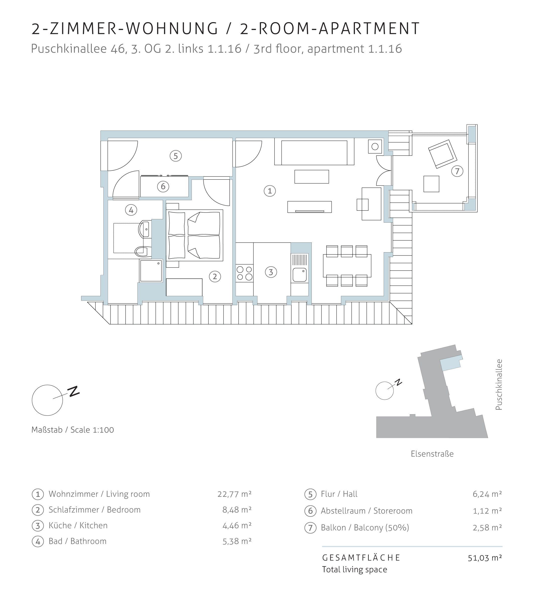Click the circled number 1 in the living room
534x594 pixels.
pyautogui.click(x=270, y=191)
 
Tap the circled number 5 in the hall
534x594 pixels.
pyautogui.click(x=176, y=156)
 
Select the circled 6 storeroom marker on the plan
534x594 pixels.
pyautogui.click(x=163, y=186)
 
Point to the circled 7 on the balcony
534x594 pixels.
pyautogui.click(x=457, y=171)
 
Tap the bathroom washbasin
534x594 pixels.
pyautogui.click(x=145, y=229)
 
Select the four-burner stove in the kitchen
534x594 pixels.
pyautogui.click(x=244, y=273)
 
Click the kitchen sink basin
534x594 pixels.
pyautogui.click(x=300, y=275)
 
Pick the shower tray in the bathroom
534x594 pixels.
pyautogui.click(x=151, y=271)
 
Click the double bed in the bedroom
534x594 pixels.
pyautogui.click(x=194, y=235)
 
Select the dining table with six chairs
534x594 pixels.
pyautogui.click(x=347, y=266)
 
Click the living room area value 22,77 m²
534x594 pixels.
pyautogui.click(x=234, y=494)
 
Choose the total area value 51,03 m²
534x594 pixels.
pyautogui.click(x=485, y=558)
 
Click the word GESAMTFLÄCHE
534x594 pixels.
pyautogui.click(x=361, y=558)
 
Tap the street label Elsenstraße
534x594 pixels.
pyautogui.click(x=432, y=454)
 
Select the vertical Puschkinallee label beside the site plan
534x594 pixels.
pyautogui.click(x=499, y=385)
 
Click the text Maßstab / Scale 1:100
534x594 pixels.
pyautogui.click(x=73, y=430)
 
